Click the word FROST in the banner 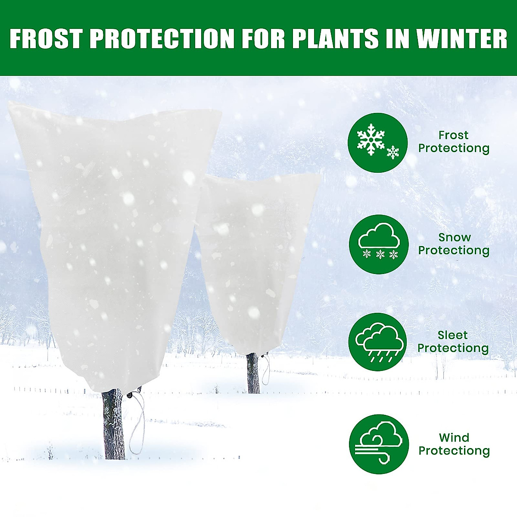click(x=46, y=38)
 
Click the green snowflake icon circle click(x=378, y=143)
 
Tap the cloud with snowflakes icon click(x=378, y=244)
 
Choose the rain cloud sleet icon click(x=378, y=343)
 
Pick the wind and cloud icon click(x=378, y=444)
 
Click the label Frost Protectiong click(x=454, y=142)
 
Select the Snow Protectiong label click(x=454, y=244)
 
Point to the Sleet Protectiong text click(x=453, y=342)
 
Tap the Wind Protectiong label click(x=454, y=444)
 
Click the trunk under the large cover click(x=114, y=424)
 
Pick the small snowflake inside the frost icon click(x=392, y=152)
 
